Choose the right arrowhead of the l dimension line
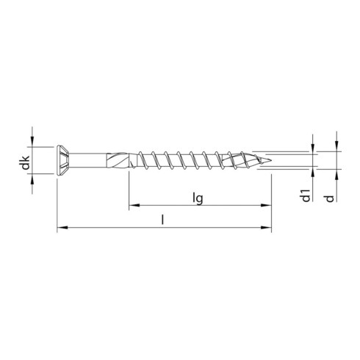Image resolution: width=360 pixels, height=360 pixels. [267, 228]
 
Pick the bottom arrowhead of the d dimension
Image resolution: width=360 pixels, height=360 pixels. [336, 174]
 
